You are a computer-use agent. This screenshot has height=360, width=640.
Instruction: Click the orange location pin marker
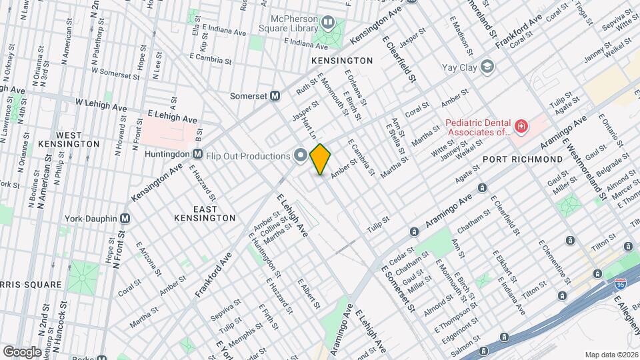[320, 159]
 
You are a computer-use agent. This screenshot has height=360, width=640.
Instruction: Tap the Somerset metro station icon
[274, 95]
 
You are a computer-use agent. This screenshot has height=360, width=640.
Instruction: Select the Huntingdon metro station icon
[197, 155]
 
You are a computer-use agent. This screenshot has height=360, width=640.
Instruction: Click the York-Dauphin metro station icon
[125, 219]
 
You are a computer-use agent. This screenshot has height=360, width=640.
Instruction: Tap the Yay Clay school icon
[488, 67]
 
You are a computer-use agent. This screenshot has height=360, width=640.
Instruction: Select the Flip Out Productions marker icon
[300, 156]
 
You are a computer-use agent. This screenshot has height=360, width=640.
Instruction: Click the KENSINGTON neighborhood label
[342, 61]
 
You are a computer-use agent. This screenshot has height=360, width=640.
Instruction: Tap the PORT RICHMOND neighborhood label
[523, 159]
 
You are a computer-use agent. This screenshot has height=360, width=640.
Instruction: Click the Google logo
[22, 351]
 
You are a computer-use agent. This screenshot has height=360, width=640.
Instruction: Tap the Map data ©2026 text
[611, 354]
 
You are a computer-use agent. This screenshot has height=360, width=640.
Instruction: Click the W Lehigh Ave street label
[101, 106]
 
